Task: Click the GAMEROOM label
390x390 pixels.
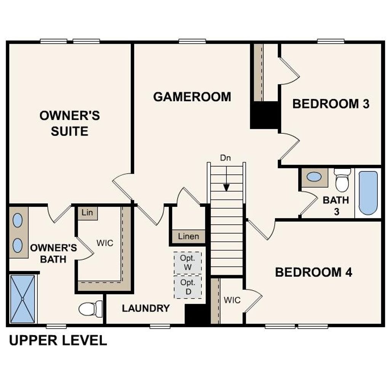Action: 192,97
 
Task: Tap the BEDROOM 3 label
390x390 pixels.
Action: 331,104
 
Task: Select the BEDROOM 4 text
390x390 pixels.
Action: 313,272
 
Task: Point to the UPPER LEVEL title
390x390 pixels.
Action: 58,340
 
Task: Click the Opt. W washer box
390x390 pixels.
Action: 188,262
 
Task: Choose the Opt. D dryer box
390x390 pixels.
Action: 188,287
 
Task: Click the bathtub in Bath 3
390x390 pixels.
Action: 368,193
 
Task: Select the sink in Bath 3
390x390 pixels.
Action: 314,177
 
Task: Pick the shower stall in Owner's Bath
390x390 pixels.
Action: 22,299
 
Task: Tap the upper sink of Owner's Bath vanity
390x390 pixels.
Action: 18,221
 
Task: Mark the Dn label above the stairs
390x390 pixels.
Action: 226,158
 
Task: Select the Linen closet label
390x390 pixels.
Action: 189,237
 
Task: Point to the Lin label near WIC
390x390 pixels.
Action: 87,213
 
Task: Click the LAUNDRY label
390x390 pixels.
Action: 145,308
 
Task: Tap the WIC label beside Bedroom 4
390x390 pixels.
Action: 232,300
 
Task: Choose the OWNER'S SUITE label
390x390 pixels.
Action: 70,123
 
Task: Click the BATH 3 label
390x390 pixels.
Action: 336,206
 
